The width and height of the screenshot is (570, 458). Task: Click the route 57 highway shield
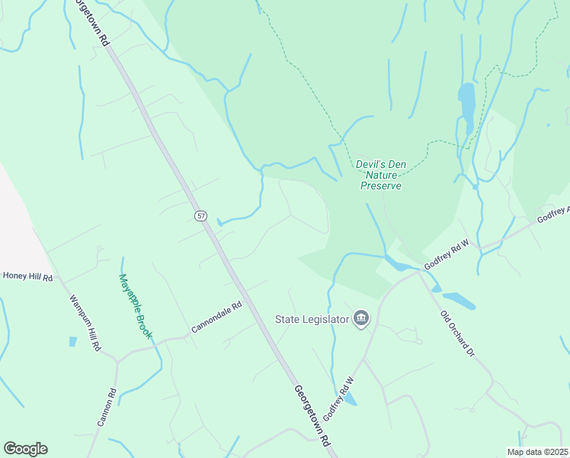(200, 216)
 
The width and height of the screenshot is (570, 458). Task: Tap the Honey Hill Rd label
(27, 276)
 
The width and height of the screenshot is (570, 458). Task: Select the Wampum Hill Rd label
(85, 323)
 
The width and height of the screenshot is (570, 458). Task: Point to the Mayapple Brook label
(136, 306)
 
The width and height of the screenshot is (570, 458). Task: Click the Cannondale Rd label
(216, 317)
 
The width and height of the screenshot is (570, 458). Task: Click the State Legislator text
(312, 318)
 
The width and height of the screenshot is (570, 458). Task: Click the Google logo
(25, 449)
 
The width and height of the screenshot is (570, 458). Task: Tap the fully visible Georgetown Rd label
(313, 415)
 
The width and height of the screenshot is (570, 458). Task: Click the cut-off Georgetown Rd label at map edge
(88, 23)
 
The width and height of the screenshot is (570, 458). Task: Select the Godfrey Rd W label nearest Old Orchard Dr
(448, 254)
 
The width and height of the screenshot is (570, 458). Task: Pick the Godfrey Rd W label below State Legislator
(340, 398)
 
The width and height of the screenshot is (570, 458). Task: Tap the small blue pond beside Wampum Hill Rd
(73, 341)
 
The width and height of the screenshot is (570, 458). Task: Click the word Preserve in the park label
(380, 185)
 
